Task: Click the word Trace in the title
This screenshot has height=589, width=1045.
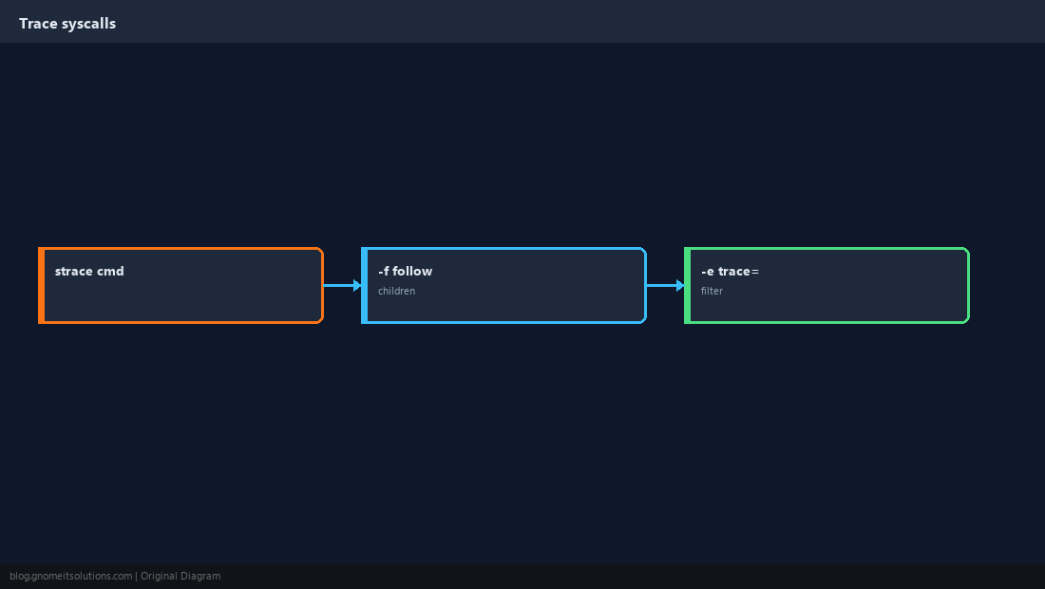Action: (x=38, y=24)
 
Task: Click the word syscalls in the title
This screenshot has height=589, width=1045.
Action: (x=88, y=24)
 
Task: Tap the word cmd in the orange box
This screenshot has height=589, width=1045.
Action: (x=110, y=271)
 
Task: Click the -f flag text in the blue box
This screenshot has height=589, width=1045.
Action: (x=383, y=271)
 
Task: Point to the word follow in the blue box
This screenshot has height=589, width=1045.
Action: (x=412, y=271)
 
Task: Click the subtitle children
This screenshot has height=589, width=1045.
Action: (x=396, y=291)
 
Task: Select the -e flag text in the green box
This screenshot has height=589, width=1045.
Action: (x=707, y=271)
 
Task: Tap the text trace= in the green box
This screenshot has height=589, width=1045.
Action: (x=738, y=271)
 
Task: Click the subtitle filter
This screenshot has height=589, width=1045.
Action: (x=712, y=291)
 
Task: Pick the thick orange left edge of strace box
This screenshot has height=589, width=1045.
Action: (x=41, y=285)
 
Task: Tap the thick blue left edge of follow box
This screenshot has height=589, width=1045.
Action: (x=365, y=285)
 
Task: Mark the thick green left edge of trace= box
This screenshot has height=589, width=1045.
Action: (x=688, y=285)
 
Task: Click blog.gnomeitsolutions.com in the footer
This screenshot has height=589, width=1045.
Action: (x=70, y=577)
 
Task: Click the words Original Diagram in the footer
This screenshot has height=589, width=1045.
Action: (x=180, y=577)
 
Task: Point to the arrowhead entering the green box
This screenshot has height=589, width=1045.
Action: (x=680, y=285)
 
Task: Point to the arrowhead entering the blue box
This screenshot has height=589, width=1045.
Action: (x=357, y=285)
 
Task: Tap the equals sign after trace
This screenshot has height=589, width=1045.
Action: (x=755, y=272)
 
